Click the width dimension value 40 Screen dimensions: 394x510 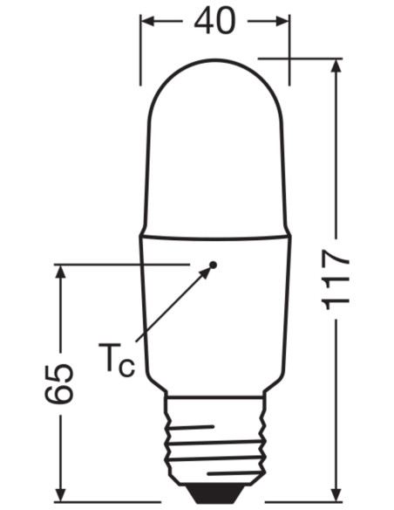[214, 21]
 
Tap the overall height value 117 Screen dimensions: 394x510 [336, 279]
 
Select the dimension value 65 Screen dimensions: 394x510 [59, 383]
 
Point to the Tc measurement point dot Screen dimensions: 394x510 [213, 265]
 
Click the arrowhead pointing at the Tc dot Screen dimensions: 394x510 [205, 272]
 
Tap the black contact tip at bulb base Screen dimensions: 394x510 [215, 493]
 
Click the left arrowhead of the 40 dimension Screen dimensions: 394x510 [148, 22]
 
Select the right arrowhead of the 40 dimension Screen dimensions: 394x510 [282, 22]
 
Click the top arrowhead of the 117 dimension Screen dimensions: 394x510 [336, 66]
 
